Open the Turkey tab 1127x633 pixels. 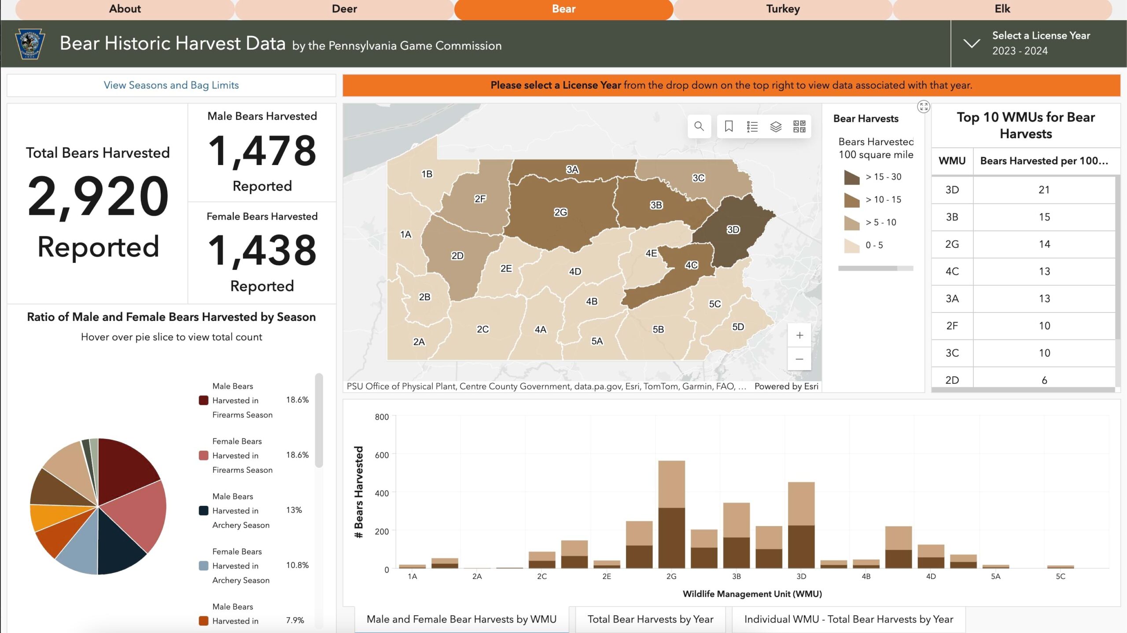[x=783, y=9]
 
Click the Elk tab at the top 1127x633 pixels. [x=1002, y=9]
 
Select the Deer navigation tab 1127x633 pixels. [x=344, y=9]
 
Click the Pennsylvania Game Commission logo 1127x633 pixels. [x=30, y=44]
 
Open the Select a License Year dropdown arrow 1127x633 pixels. [x=972, y=43]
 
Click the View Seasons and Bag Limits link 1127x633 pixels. [x=171, y=85]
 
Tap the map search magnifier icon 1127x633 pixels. [x=699, y=127]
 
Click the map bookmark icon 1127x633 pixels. [x=729, y=127]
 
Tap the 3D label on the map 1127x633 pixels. [x=733, y=229]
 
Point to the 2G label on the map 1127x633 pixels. [x=560, y=212]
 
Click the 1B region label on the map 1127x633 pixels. [x=427, y=174]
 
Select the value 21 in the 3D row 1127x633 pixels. [x=1044, y=190]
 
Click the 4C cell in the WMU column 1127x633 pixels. [x=952, y=271]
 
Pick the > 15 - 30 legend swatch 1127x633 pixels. [x=851, y=177]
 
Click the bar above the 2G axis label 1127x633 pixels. [x=671, y=515]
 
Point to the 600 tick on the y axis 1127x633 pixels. [x=381, y=455]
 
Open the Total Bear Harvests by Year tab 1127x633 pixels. [x=650, y=619]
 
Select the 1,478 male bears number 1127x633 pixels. [x=262, y=151]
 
